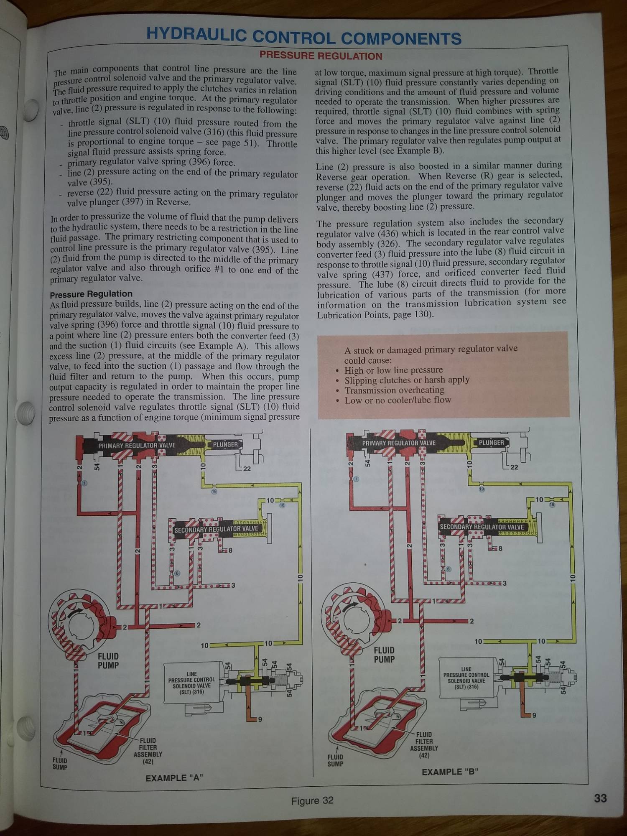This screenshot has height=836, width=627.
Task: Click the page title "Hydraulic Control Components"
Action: click(304, 37)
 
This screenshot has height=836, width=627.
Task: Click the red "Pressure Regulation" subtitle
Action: click(321, 56)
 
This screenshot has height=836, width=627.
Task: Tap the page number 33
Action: click(600, 798)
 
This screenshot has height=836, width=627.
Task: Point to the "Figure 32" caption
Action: click(312, 800)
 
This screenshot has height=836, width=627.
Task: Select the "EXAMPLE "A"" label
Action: click(174, 778)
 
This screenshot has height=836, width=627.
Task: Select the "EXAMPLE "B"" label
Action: click(450, 772)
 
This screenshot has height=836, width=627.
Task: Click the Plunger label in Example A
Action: click(225, 445)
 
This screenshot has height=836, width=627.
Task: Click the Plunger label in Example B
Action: click(491, 442)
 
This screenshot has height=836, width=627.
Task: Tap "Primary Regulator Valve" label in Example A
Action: click(137, 446)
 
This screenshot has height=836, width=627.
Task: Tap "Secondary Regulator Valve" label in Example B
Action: click(482, 527)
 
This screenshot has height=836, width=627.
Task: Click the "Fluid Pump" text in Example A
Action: click(108, 660)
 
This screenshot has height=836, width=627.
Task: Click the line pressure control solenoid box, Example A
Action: click(191, 683)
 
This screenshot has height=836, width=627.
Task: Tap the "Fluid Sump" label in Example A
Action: click(60, 763)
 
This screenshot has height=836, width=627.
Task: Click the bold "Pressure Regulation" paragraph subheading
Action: click(91, 294)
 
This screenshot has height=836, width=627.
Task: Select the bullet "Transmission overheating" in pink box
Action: click(394, 390)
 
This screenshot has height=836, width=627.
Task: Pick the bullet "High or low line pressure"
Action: click(393, 370)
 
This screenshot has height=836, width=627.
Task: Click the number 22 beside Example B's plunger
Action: click(514, 467)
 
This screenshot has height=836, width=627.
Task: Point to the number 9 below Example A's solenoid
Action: click(260, 719)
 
